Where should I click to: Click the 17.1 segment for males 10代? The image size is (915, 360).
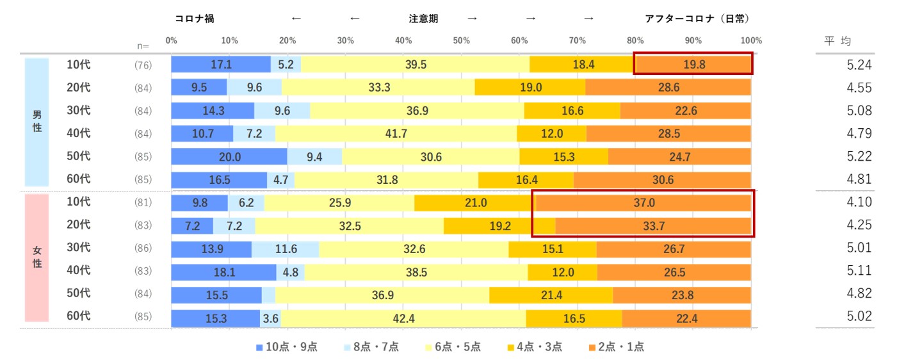[x=220, y=65]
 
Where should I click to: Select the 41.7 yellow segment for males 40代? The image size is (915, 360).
[x=396, y=133]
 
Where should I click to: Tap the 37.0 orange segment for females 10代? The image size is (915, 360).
[x=643, y=202]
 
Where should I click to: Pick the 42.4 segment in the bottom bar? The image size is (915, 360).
[x=403, y=317]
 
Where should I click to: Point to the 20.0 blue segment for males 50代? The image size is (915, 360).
[x=229, y=156]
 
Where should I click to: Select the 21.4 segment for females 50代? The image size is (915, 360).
[x=551, y=294]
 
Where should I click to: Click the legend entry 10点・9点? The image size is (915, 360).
[x=286, y=347]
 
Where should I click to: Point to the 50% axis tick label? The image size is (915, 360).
[x=461, y=41]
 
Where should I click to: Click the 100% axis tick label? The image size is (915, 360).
[x=751, y=41]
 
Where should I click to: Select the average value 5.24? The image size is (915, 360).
[x=859, y=65]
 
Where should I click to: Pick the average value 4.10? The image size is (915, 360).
[x=859, y=202]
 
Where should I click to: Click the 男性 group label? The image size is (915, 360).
[x=37, y=122]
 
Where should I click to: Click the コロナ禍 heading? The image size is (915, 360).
[x=194, y=19]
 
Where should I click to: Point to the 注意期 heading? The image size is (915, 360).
[x=423, y=19]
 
